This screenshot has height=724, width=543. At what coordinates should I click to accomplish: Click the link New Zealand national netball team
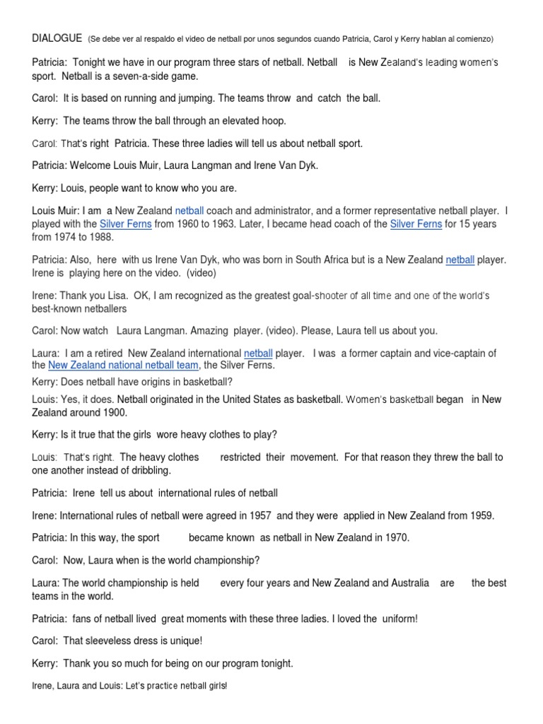pyautogui.click(x=124, y=366)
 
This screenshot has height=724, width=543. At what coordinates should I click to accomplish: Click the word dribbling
pyautogui.click(x=147, y=470)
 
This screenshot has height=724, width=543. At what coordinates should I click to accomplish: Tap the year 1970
pyautogui.click(x=396, y=537)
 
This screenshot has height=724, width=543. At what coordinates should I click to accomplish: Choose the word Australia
pyautogui.click(x=401, y=583)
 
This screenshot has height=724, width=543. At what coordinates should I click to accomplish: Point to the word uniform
pyautogui.click(x=399, y=619)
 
